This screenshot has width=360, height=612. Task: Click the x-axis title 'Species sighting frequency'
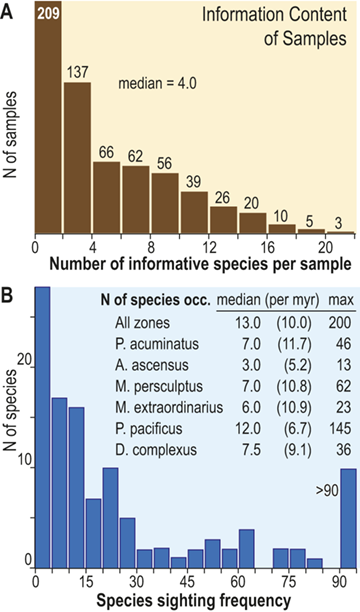click(x=190, y=600)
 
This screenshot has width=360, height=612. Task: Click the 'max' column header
click(x=337, y=298)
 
